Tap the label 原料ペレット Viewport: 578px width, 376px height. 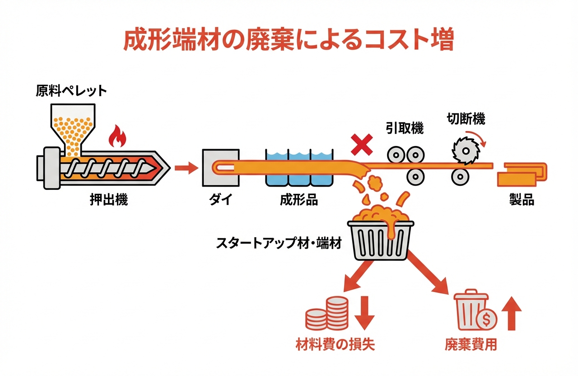pyautogui.click(x=71, y=91)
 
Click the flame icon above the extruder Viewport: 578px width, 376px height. pyautogui.click(x=117, y=136)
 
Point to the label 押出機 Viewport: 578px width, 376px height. pyautogui.click(x=108, y=200)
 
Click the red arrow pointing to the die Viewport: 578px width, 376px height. pyautogui.click(x=186, y=169)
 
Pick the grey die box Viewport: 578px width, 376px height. pyautogui.click(x=221, y=168)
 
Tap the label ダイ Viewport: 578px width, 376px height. pyautogui.click(x=220, y=200)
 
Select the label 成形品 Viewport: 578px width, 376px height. pyautogui.click(x=299, y=200)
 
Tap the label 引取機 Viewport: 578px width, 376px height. pyautogui.click(x=404, y=128)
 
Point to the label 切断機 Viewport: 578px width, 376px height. pyautogui.click(x=466, y=119)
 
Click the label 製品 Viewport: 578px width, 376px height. pyautogui.click(x=522, y=200)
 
